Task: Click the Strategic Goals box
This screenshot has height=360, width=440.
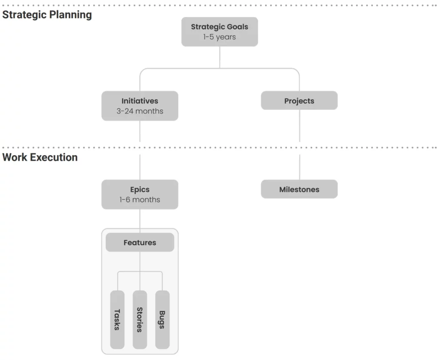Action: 220,32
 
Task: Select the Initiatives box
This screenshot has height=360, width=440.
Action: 140,106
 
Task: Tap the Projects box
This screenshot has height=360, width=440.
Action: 299,101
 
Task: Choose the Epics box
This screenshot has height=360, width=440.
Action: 140,195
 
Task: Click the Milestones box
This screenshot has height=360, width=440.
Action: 299,189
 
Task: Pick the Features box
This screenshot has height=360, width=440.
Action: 140,242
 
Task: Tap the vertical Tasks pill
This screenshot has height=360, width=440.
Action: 117,320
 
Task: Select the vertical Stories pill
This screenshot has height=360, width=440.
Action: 140,320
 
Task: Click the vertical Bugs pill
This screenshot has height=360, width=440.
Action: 162,320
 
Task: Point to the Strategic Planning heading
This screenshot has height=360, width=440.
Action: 47,15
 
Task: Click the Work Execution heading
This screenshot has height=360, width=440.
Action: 40,157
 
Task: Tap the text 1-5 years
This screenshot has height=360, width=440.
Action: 220,37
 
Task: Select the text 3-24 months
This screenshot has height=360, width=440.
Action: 140,111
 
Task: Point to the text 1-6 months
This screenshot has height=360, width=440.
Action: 140,199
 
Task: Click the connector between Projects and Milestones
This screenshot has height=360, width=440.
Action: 299,144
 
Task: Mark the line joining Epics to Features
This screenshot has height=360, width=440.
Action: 140,221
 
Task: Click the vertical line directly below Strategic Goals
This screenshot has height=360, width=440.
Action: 220,57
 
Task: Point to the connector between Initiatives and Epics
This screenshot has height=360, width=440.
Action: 140,150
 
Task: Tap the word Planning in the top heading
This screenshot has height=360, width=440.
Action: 74,15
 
